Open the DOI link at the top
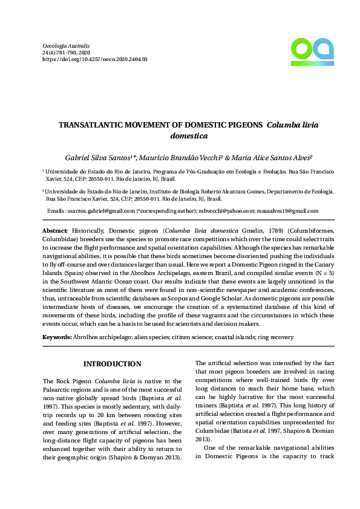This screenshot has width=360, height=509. pyautogui.click(x=94, y=60)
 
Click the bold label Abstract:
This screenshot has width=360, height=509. pyautogui.click(x=55, y=232)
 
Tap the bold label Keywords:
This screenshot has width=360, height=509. pyautogui.click(x=58, y=336)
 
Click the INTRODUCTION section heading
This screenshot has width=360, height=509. pyautogui.click(x=113, y=364)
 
